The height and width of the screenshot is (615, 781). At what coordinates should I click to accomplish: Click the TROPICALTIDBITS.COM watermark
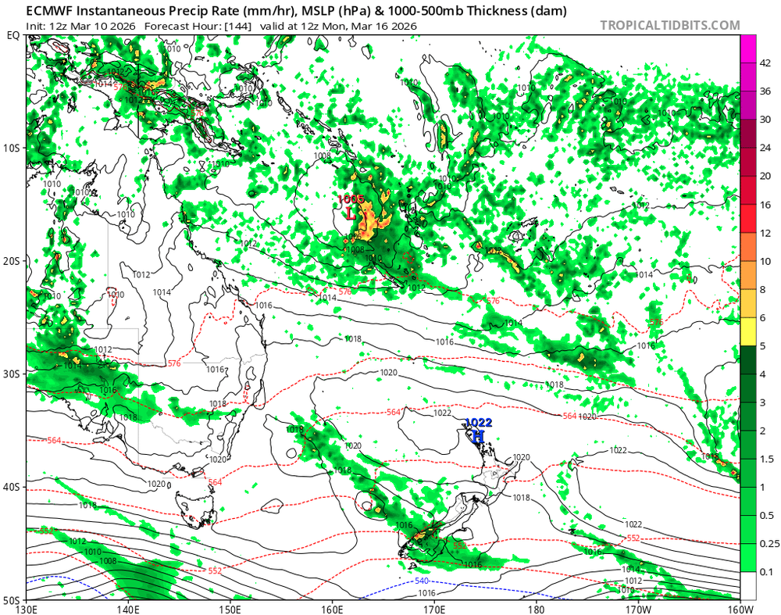click(669, 26)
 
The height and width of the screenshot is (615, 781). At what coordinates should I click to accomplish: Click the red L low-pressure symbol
click(350, 213)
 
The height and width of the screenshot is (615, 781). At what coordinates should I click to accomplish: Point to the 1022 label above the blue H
click(479, 423)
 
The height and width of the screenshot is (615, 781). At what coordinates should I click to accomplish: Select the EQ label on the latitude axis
click(12, 36)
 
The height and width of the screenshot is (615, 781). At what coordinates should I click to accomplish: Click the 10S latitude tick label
click(12, 148)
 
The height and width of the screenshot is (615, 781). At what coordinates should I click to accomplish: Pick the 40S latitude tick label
click(12, 487)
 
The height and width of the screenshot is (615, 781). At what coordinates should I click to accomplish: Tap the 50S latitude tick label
click(12, 600)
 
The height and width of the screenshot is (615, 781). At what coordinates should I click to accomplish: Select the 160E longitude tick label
click(333, 609)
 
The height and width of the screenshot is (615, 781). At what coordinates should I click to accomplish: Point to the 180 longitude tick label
click(536, 609)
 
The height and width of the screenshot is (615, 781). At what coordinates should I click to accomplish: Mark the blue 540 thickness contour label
click(422, 582)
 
